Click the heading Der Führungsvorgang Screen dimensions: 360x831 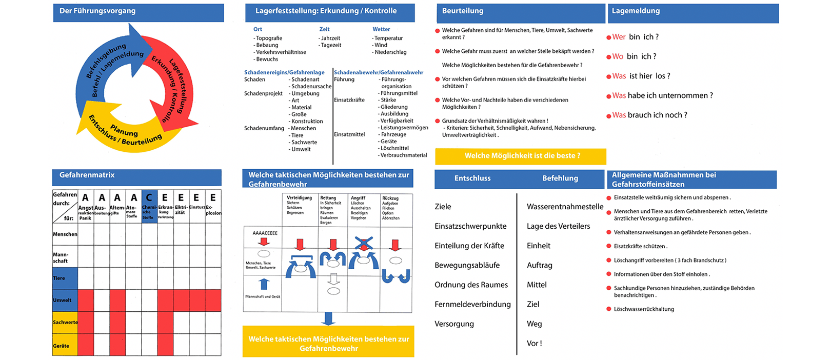97,11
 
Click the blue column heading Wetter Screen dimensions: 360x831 381,29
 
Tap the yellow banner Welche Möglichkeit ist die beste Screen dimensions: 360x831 521,156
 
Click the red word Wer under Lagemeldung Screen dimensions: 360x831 619,37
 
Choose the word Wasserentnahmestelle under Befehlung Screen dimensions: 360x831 565,207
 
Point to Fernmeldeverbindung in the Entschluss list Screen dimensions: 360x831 472,304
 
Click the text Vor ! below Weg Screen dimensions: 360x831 534,343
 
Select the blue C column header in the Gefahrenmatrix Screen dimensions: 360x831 149,197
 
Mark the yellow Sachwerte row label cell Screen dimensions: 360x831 65,322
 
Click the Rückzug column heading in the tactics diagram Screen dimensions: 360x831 390,198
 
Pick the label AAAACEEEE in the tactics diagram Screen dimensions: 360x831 265,233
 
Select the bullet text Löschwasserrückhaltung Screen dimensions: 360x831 644,309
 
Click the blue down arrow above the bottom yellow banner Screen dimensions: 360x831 328,318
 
